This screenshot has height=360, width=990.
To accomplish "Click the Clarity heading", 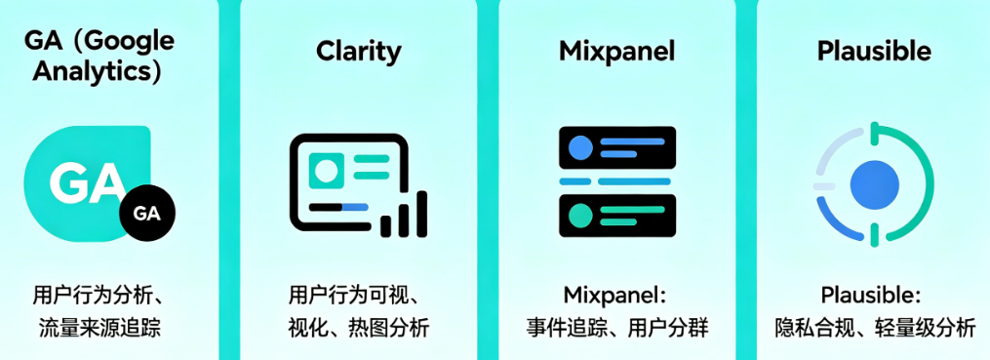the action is click(358, 51).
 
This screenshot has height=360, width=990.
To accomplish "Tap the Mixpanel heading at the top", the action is click(616, 51).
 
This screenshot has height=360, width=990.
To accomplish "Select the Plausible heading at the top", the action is click(874, 51).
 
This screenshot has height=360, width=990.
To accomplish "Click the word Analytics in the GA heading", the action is click(97, 70).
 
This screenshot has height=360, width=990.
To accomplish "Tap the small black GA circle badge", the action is click(146, 214).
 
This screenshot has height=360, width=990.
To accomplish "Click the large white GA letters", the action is click(88, 182).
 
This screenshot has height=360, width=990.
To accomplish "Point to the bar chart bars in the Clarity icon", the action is click(405, 216).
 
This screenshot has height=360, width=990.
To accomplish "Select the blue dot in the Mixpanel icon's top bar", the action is click(580, 149).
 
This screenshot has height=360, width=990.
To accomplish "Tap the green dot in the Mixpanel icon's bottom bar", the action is click(580, 215).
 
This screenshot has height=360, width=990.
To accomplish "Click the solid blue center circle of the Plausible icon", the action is click(874, 182).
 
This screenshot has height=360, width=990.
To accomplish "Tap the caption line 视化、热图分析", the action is click(358, 327).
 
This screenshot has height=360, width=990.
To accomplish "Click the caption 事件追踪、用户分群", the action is click(616, 327).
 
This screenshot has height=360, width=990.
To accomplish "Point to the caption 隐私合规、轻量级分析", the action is click(874, 327).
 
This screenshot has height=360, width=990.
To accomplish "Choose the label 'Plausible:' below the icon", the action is click(871, 295).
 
